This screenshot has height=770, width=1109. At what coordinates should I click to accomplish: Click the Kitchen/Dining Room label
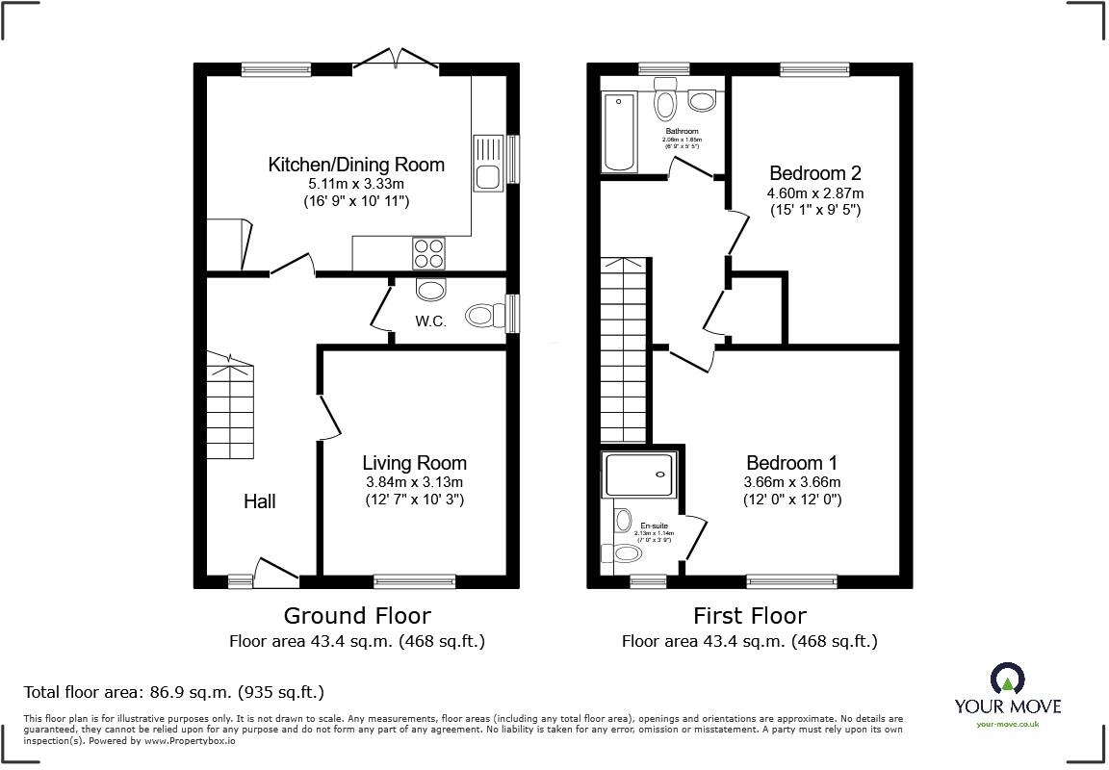356,165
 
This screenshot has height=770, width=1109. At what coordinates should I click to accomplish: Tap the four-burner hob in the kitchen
429,252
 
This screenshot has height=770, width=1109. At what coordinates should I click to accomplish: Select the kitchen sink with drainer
487,163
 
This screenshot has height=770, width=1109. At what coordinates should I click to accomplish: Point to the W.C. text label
430,321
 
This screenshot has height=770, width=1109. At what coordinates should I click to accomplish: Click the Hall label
259,501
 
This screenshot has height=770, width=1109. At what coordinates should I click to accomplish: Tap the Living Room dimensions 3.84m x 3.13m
414,482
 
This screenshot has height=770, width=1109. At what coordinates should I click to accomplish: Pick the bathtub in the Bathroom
618,132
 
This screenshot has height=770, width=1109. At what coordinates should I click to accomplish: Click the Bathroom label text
682,131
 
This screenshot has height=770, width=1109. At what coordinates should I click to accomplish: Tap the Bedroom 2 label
814,173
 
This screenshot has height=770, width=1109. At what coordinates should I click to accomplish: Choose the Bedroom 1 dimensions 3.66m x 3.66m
792,482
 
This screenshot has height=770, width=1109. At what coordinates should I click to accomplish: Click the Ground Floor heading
356,615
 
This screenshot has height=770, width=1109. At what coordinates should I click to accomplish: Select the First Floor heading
749,615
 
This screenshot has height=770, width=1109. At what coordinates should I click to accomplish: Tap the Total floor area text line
173,692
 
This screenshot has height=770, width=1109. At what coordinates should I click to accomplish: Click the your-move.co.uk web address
1007,724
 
